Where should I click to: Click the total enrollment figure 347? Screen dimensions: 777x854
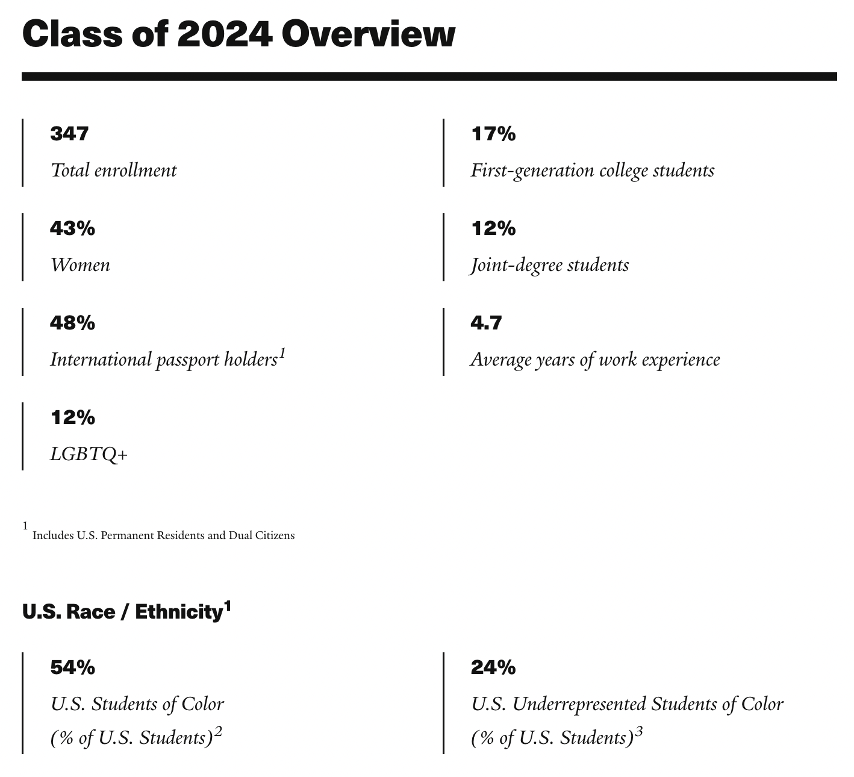tap(69, 134)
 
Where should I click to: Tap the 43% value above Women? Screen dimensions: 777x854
tap(72, 228)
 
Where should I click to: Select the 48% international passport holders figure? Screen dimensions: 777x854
tap(72, 323)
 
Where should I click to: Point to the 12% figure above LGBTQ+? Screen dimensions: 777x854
tap(72, 417)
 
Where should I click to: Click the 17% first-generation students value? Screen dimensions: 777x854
tap(493, 134)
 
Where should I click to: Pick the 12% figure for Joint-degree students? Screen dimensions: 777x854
tap(493, 228)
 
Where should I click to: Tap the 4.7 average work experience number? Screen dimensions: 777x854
tap(486, 323)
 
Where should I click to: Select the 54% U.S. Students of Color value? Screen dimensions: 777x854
tap(72, 667)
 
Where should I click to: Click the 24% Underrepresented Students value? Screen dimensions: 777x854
tap(493, 667)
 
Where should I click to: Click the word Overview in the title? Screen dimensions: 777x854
tap(367, 35)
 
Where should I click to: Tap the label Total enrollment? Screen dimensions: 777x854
tap(114, 170)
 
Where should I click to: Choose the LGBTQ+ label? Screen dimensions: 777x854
tap(89, 454)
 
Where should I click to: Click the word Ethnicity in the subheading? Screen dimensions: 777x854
tap(178, 613)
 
